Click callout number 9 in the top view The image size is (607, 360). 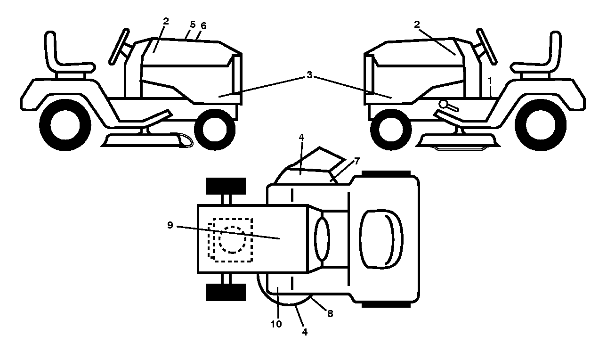[170, 225]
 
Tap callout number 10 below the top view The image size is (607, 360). [276, 324]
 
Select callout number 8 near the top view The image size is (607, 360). [330, 314]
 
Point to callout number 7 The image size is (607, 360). [357, 161]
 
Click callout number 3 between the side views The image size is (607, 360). [309, 75]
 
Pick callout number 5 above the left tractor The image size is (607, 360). [193, 25]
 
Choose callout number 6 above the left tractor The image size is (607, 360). [203, 26]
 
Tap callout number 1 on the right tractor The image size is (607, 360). [489, 81]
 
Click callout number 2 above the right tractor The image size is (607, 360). [417, 25]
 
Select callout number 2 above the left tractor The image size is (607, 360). [166, 21]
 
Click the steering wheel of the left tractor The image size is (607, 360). [119, 47]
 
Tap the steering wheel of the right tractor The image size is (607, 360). [487, 47]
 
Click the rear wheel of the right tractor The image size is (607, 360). [540, 125]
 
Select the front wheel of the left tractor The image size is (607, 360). [215, 130]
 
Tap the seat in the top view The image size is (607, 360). [381, 239]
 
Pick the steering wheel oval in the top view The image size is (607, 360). [322, 239]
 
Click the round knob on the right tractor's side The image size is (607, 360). [443, 104]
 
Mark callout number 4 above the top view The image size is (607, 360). [301, 138]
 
